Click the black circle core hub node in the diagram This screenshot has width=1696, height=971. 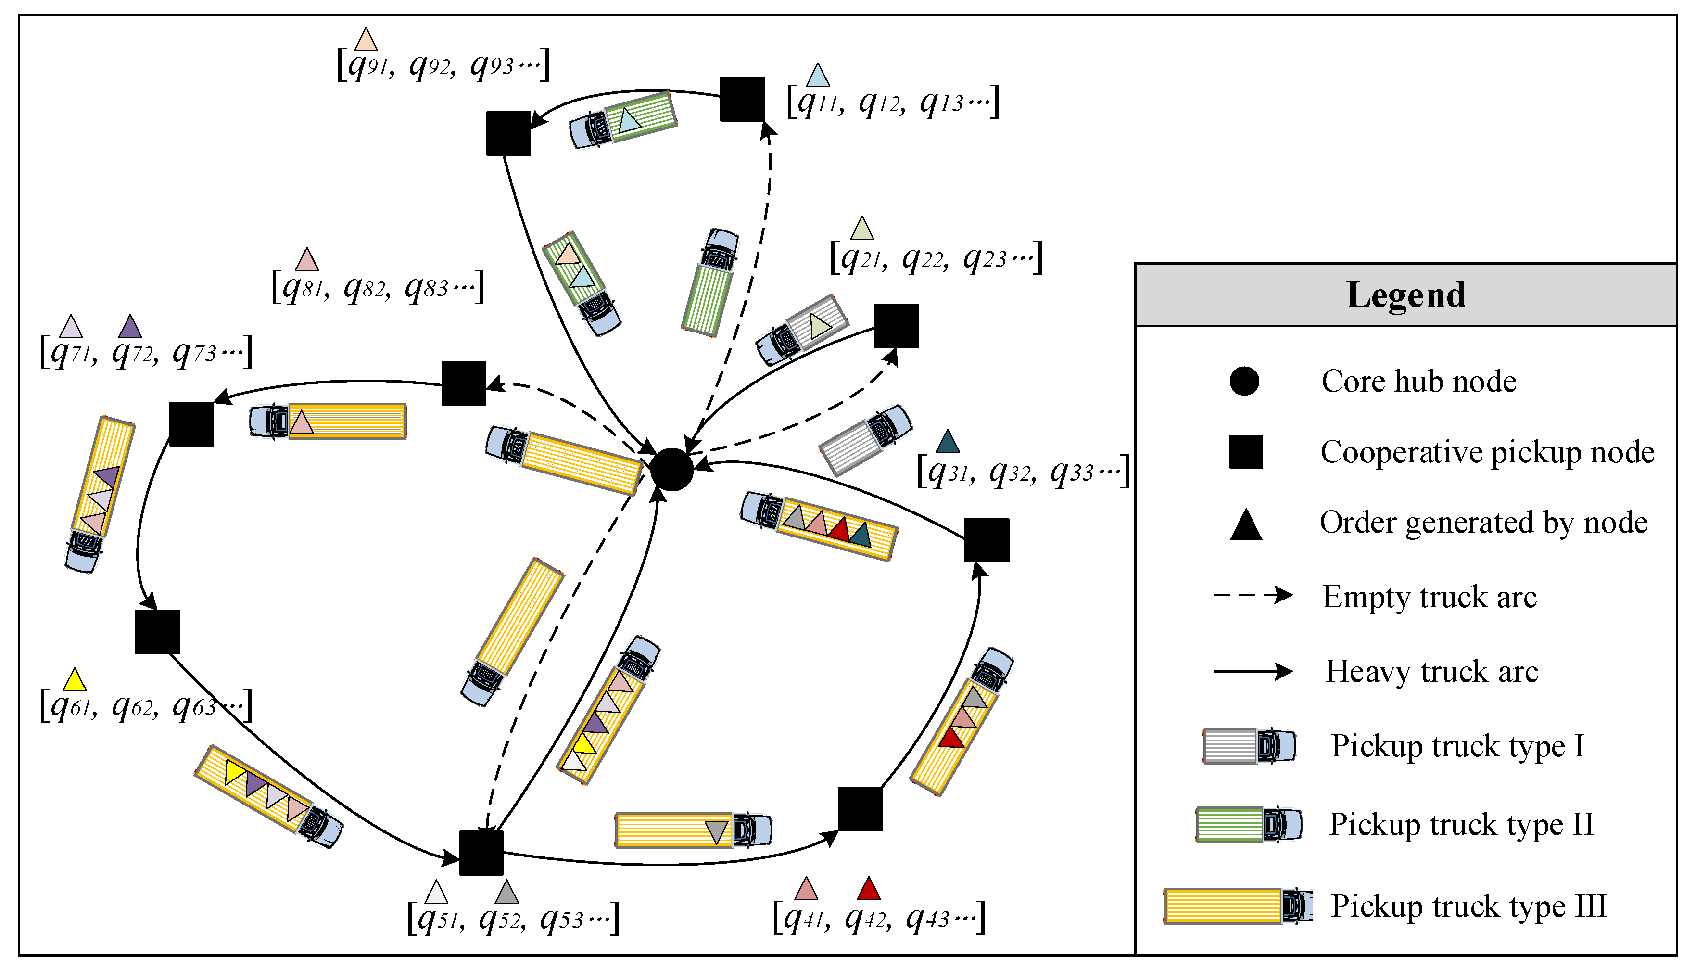pyautogui.click(x=671, y=470)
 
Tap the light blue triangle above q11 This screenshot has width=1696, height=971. pyautogui.click(x=818, y=77)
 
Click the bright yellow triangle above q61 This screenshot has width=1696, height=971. pyautogui.click(x=75, y=681)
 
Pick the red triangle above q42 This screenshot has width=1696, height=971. pyautogui.click(x=869, y=890)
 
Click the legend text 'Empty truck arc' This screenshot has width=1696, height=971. pyautogui.click(x=1430, y=596)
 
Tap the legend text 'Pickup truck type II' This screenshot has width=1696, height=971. pyautogui.click(x=1461, y=824)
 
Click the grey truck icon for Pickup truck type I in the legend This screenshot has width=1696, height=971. pyautogui.click(x=1249, y=746)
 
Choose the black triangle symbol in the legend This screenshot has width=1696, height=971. pyautogui.click(x=1245, y=525)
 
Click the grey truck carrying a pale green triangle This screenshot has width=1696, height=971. pyautogui.click(x=802, y=331)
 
